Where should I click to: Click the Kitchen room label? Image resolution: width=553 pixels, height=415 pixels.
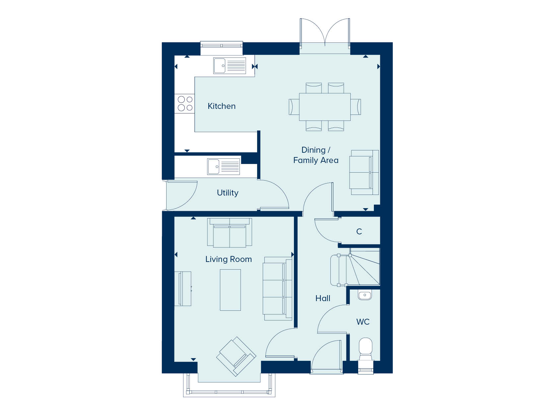click(x=222, y=106)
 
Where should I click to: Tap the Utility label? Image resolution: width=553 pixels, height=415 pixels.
click(x=228, y=193)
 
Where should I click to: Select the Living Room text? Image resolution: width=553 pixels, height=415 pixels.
click(x=229, y=259)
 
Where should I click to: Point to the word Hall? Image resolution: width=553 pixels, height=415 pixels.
click(x=323, y=298)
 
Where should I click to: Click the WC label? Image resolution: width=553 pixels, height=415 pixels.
click(x=363, y=322)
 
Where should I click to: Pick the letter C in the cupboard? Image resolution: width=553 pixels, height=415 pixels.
click(x=359, y=231)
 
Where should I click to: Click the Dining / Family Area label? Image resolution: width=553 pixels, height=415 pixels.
click(x=316, y=155)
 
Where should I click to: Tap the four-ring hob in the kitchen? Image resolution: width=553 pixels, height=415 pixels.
click(x=185, y=104)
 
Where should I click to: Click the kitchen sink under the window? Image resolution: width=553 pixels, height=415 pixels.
click(x=230, y=66)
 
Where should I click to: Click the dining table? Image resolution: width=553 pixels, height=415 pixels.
click(x=325, y=107)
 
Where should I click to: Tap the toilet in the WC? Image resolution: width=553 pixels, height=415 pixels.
click(x=366, y=349)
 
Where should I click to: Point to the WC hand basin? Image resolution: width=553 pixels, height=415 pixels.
click(x=365, y=295)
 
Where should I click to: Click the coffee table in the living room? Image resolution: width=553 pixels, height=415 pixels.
click(x=230, y=290)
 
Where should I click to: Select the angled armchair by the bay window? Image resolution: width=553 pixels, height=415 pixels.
click(x=236, y=356)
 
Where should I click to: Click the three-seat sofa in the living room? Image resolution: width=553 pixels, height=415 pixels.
click(x=277, y=289)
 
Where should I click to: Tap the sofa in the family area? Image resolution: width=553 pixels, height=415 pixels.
click(x=364, y=172)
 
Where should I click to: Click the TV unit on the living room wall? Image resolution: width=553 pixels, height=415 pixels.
click(x=183, y=289)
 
